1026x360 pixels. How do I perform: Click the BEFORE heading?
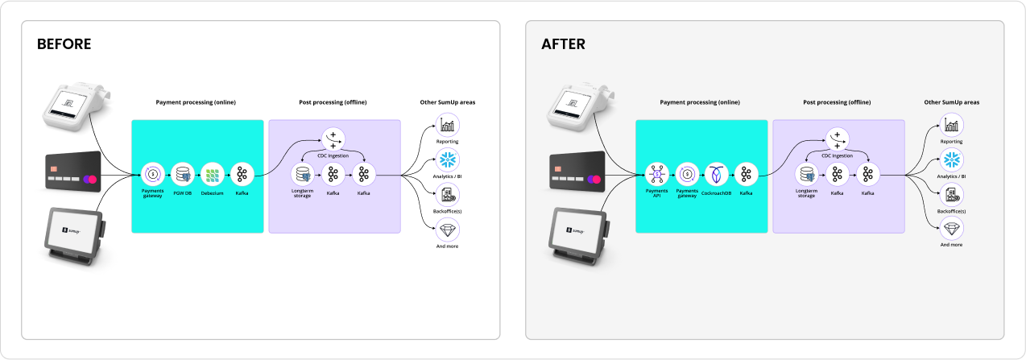click(64, 44)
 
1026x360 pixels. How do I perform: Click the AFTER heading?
click(564, 44)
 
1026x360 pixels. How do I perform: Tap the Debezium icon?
click(212, 175)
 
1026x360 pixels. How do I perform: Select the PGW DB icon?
click(182, 175)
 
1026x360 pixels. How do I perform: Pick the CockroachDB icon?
click(717, 175)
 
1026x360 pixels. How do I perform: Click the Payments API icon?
click(657, 175)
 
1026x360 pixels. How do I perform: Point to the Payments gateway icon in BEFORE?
click(152, 175)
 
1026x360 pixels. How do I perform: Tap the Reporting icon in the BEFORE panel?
click(448, 125)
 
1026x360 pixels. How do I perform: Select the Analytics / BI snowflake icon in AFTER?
click(951, 159)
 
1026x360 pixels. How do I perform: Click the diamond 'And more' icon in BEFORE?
click(448, 230)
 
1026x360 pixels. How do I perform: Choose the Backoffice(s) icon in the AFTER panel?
click(951, 195)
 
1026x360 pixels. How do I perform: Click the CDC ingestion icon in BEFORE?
click(333, 139)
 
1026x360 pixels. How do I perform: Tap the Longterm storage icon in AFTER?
click(807, 175)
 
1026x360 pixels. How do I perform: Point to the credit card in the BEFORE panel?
click(73, 172)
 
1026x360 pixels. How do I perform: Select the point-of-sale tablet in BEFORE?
click(75, 236)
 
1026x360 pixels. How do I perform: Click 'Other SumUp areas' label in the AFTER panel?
click(951, 102)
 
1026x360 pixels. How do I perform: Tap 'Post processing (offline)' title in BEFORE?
click(333, 102)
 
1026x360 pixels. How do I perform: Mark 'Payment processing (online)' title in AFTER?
click(700, 102)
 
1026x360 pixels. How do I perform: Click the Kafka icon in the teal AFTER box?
click(746, 175)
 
